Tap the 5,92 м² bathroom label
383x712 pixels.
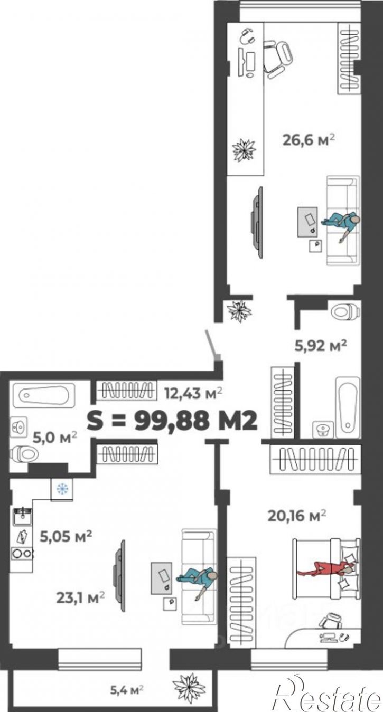(x=320, y=345)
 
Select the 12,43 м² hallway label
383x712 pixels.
(x=193, y=394)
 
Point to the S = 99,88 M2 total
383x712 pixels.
(x=172, y=421)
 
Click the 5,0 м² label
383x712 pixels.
(x=55, y=437)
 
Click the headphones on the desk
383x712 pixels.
(x=247, y=36)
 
